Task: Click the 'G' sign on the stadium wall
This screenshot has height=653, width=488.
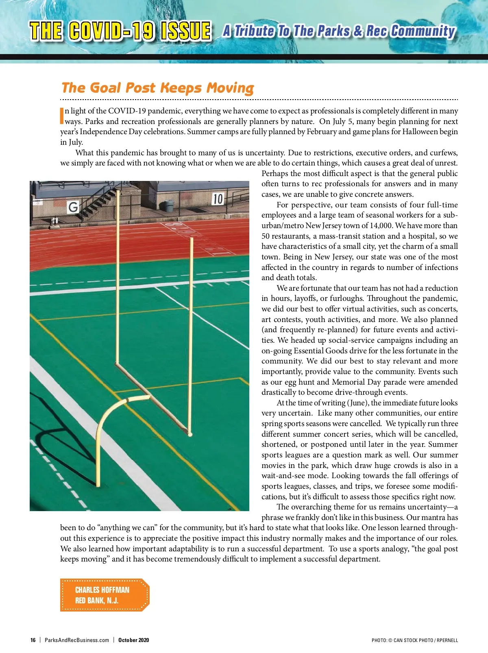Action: (73, 207)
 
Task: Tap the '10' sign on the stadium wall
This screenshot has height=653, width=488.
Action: (218, 199)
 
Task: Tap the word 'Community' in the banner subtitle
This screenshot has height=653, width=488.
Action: (423, 31)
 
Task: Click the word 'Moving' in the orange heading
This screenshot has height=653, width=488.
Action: (230, 88)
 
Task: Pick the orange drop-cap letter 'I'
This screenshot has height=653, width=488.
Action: (62, 115)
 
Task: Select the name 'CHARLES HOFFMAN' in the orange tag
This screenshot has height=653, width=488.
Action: (102, 590)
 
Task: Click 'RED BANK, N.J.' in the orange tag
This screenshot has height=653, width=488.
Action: (97, 601)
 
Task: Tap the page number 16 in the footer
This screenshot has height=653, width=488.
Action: (33, 640)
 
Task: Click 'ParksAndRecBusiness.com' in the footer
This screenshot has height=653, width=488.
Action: (77, 640)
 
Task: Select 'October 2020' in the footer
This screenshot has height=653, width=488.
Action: (133, 640)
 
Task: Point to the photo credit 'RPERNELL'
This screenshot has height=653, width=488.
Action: (447, 640)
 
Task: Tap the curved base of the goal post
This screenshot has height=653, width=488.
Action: (114, 423)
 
